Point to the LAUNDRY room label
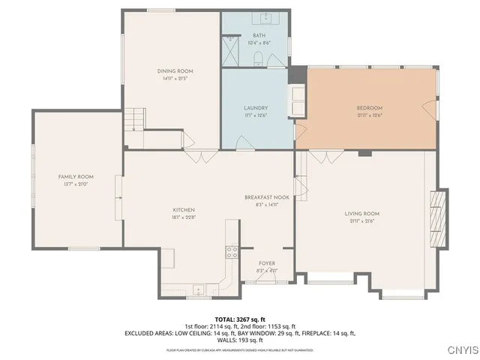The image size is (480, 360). [256, 108]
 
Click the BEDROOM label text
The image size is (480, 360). [369, 108]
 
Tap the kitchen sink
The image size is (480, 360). [199, 289]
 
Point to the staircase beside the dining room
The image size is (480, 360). [134, 119]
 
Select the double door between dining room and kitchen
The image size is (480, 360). [198, 157]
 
